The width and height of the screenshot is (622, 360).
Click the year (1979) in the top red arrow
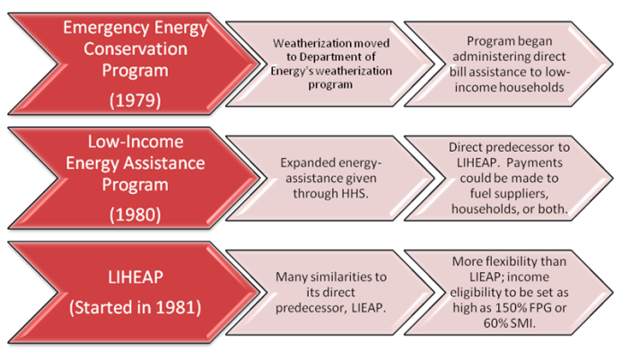pos(136,100)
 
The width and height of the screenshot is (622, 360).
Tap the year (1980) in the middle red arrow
pos(136,215)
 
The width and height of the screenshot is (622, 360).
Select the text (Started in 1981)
pos(136,308)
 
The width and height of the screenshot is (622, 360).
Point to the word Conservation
pos(136,48)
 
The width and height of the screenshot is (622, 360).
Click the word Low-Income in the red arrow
pos(136,142)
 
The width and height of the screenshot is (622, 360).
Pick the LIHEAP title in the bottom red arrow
pos(136,277)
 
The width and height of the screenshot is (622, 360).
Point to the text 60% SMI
pos(510,323)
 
